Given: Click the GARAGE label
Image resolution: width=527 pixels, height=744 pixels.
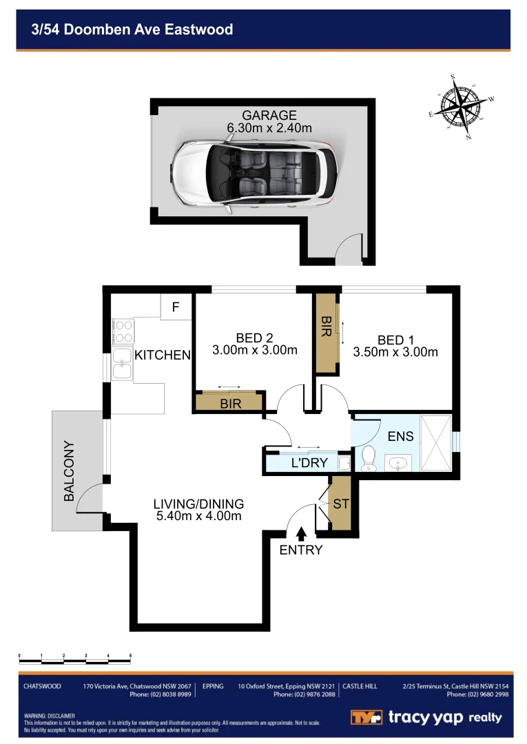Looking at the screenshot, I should pos(269,115).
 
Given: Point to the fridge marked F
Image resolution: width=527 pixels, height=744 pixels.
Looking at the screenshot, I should pos(176,307).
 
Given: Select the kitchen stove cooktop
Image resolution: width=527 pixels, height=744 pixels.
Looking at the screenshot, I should pos(122,331).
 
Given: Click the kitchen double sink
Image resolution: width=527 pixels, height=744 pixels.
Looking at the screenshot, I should pos(122,364).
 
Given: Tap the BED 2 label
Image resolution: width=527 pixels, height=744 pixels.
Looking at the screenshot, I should pos(255,338).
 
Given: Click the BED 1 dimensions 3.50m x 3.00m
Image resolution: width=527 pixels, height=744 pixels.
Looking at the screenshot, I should pos(395,352).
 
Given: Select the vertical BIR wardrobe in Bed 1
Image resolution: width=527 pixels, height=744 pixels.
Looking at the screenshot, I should pos(326,334).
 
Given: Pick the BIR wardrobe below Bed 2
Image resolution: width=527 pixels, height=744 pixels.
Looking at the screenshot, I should pos(230,402).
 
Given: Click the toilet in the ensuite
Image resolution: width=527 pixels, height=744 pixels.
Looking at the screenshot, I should pos(368,457).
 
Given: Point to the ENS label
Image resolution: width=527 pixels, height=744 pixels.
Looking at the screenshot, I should pos(400,436).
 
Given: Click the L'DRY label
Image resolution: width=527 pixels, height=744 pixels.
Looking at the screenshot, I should pos(309,463).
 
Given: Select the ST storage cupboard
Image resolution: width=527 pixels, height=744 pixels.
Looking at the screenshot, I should pos(340,504).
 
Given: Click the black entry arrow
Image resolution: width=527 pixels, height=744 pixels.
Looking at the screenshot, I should pos(301,533).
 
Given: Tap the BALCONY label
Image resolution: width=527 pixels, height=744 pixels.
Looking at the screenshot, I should pos(69,471).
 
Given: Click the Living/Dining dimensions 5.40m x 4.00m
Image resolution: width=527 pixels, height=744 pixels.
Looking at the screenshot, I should pos(198,516).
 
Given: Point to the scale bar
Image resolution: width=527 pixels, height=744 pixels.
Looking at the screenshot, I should pos(75,659).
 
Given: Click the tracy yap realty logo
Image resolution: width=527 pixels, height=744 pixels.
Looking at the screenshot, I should pos(426,717).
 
